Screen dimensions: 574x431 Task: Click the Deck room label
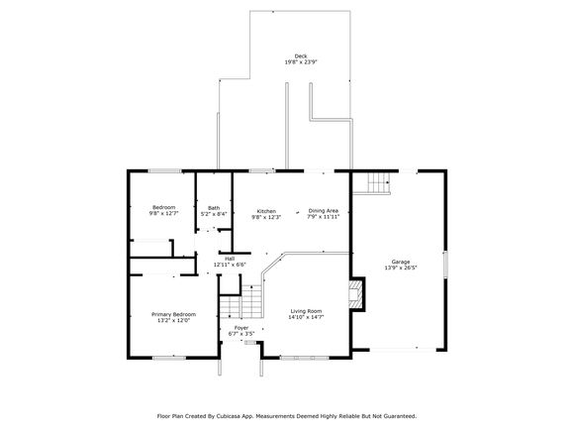(x=301, y=56)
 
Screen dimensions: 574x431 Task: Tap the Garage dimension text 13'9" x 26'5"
(x=401, y=268)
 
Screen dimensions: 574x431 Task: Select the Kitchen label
(x=266, y=211)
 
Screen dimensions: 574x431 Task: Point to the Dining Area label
(x=324, y=211)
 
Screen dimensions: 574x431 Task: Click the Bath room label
(x=214, y=208)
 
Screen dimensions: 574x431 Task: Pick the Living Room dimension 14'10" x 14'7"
(x=306, y=317)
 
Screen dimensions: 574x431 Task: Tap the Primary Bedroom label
(x=173, y=314)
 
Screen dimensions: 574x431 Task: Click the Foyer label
(x=241, y=328)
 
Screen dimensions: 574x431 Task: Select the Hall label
(x=230, y=259)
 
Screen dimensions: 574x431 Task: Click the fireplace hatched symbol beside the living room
(x=355, y=294)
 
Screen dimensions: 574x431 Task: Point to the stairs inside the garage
(x=378, y=183)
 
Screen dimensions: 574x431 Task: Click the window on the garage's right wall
(x=445, y=264)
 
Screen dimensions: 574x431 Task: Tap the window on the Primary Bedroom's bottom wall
(x=169, y=358)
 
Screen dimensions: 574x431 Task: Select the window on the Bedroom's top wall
(x=164, y=170)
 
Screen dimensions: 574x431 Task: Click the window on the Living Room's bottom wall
(x=304, y=358)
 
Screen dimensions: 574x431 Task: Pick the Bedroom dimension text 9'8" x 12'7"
(x=163, y=213)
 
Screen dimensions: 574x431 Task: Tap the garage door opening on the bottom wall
(x=403, y=350)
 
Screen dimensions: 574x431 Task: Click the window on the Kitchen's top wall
(x=262, y=170)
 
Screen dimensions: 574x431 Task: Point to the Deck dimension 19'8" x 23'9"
(x=301, y=62)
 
